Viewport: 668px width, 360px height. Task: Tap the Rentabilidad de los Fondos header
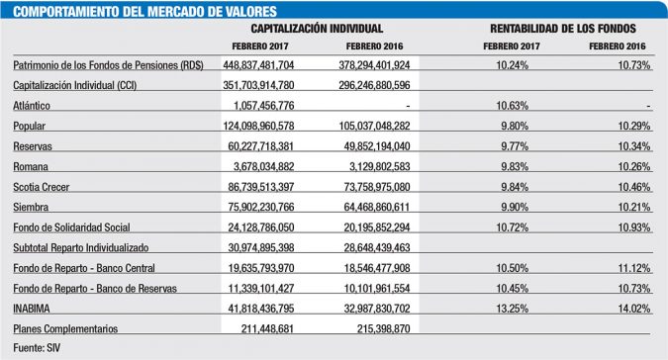click(x=562, y=30)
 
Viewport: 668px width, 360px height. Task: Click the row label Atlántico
click(x=32, y=105)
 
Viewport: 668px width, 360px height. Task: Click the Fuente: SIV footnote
click(x=38, y=348)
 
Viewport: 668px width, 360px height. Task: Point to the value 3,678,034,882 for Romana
click(x=266, y=165)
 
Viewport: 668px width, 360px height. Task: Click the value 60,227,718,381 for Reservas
click(x=264, y=145)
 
